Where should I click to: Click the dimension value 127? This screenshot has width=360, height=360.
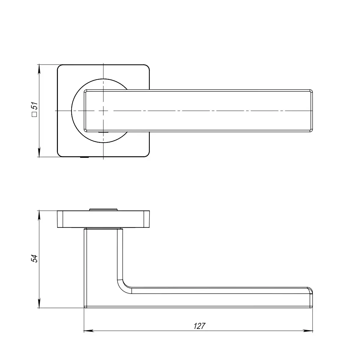[x=199, y=326]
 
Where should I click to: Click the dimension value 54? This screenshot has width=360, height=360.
[x=34, y=259]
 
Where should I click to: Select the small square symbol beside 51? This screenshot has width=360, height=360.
[x=34, y=114]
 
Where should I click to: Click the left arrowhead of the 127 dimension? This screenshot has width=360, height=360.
[x=89, y=331]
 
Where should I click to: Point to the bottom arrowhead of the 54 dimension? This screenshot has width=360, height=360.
[x=39, y=303]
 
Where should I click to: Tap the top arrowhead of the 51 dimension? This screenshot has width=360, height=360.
[x=39, y=69]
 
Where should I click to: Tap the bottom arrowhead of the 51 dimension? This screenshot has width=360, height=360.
[x=39, y=152]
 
